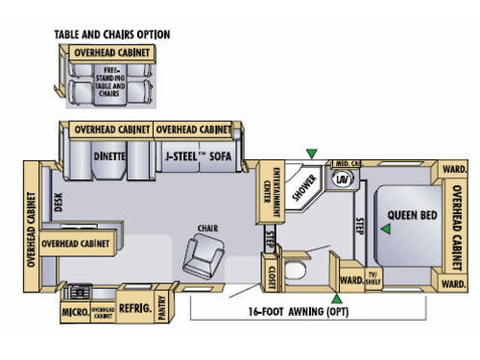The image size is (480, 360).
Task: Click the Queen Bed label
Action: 413,214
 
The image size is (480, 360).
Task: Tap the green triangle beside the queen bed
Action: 384,228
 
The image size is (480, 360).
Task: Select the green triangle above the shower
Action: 310,153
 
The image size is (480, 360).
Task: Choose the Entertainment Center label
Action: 269,186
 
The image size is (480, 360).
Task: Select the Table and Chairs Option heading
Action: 111,35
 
